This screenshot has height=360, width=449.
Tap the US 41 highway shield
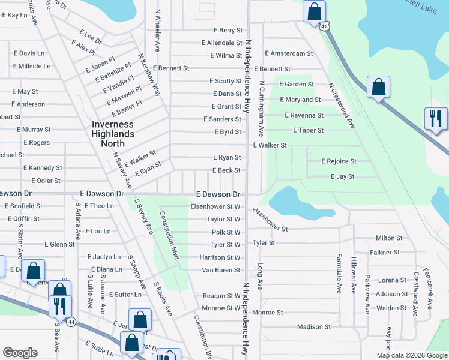point(324,26)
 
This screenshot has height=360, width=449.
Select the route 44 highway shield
point(70,322)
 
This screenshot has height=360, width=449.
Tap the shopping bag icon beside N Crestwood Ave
point(378,87)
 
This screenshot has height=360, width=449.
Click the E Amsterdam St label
point(289,53)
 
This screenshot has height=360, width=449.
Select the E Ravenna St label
point(304,115)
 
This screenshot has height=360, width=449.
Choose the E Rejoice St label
point(339,161)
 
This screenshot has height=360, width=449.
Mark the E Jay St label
point(342,177)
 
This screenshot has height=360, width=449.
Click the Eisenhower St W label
point(215,206)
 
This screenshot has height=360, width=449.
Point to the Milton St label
point(389,238)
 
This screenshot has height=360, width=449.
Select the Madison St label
point(314,327)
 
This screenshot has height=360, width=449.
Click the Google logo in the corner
point(20,353)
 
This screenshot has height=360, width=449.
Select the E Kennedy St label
point(42,168)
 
